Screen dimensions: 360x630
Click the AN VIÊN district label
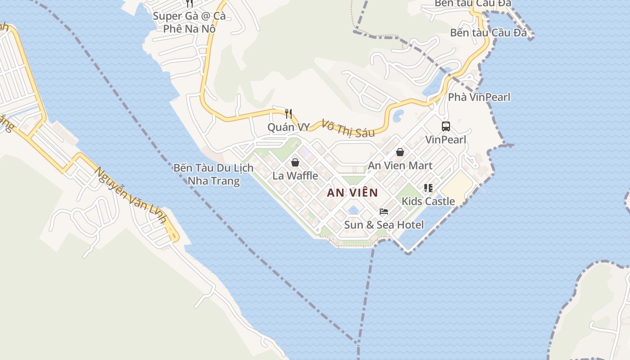pos(352,193)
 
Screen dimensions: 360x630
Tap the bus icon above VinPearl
pos(445,126)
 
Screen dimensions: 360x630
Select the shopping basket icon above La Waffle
pos(295,162)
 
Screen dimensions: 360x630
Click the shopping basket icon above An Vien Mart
pos(400,153)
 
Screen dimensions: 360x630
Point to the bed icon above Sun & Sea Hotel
pos(384,211)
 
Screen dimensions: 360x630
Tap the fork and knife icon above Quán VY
pos(288,114)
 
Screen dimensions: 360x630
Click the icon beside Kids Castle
pos(428,188)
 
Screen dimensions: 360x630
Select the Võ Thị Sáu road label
pos(348,127)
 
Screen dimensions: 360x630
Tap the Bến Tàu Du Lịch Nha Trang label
pos(214,175)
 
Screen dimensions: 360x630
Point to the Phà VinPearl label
pos(479,97)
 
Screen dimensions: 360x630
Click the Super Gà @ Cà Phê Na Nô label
pos(189,22)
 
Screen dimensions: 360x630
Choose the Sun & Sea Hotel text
pos(384,225)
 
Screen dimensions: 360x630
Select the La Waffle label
pos(295,175)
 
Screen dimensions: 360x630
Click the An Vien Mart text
pos(400,166)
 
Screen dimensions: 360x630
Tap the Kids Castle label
pos(428,201)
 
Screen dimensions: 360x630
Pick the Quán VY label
pos(288,127)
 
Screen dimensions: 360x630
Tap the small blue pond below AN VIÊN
pos(353,210)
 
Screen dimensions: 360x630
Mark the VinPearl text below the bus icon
pos(445,139)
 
